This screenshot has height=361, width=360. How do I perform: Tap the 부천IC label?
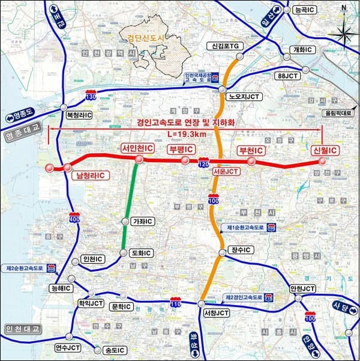pos(251,150)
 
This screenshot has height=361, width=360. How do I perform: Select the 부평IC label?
pos(181,149)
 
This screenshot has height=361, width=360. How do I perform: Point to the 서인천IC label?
pos(137,148)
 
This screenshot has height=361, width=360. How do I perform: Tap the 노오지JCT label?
pos(243,96)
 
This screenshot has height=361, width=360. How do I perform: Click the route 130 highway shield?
pos(91,96)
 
